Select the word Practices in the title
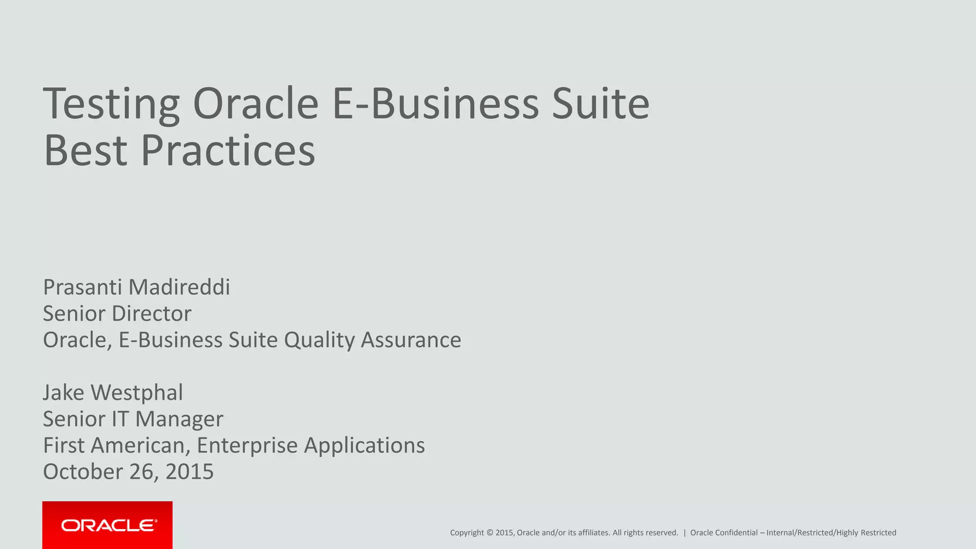(228, 150)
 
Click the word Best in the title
(86, 150)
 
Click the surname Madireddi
(179, 287)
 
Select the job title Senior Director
(117, 314)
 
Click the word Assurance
(411, 340)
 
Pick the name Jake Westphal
(113, 393)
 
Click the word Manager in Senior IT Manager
(179, 419)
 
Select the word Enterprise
(247, 446)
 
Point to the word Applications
(364, 446)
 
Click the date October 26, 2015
(128, 472)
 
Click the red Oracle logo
(107, 525)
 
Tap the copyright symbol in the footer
(489, 533)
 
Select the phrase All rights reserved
(645, 533)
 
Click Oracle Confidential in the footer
(723, 533)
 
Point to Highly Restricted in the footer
(866, 533)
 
